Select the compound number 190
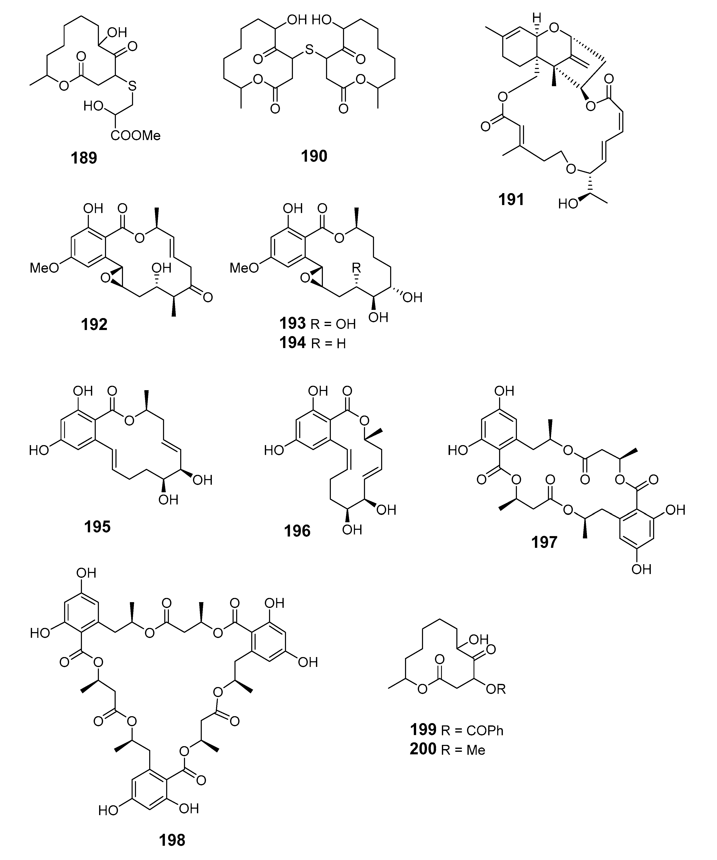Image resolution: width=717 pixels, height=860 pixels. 314,156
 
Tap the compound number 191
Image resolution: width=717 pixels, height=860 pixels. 511,199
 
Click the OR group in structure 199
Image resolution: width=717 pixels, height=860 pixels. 496,689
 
